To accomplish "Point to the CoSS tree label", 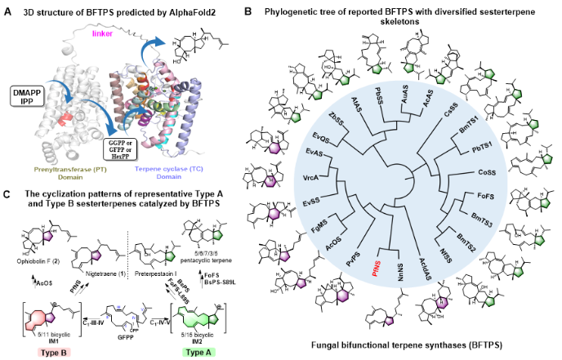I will tap(488, 171).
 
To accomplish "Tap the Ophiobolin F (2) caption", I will tap(32, 264).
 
